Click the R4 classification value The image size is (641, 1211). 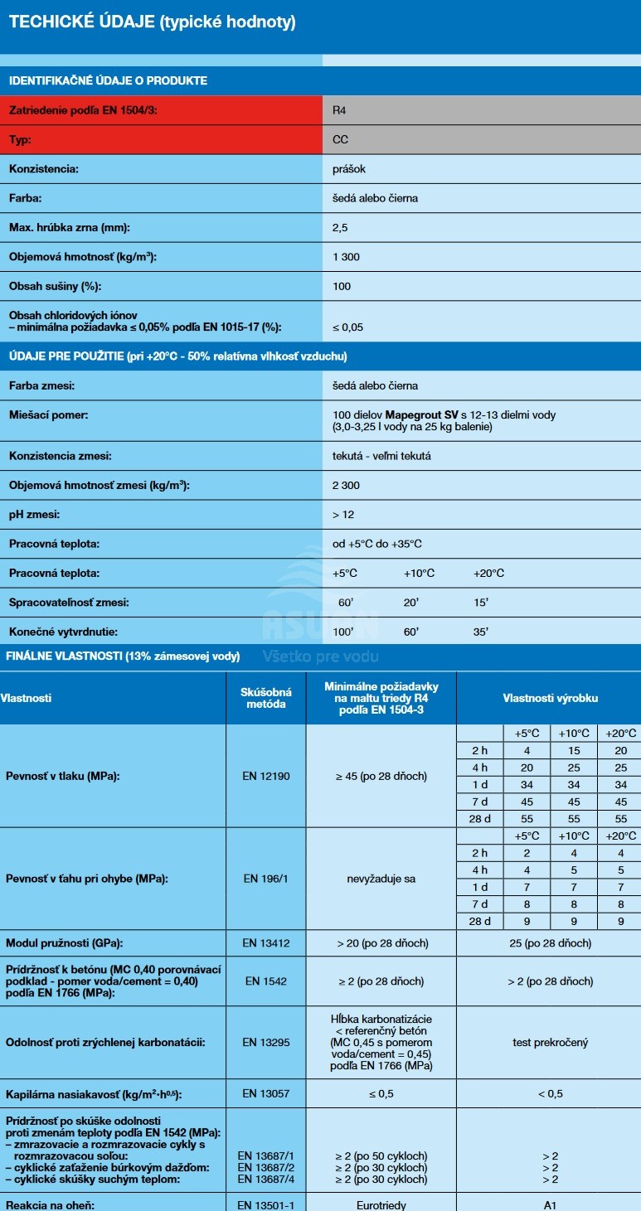tap(340, 109)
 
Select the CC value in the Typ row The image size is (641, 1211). tap(340, 139)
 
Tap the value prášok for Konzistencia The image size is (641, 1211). tap(349, 169)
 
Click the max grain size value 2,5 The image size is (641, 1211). tap(340, 227)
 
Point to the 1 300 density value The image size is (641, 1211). tap(346, 257)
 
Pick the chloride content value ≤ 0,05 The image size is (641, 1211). tap(347, 327)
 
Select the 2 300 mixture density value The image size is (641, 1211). tap(346, 485)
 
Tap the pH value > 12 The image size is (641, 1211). tap(343, 515)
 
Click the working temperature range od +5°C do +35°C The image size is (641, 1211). tap(377, 544)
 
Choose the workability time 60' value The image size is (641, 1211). tap(346, 603)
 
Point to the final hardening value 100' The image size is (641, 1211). tap(343, 632)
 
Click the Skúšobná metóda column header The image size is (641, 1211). tap(266, 698)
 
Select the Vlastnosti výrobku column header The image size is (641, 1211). tap(550, 698)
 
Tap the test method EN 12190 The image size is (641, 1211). tap(266, 777)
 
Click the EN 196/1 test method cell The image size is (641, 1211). tap(266, 879)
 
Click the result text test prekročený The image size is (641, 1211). tap(550, 1043)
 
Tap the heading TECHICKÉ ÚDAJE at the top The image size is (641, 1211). tap(80, 22)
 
